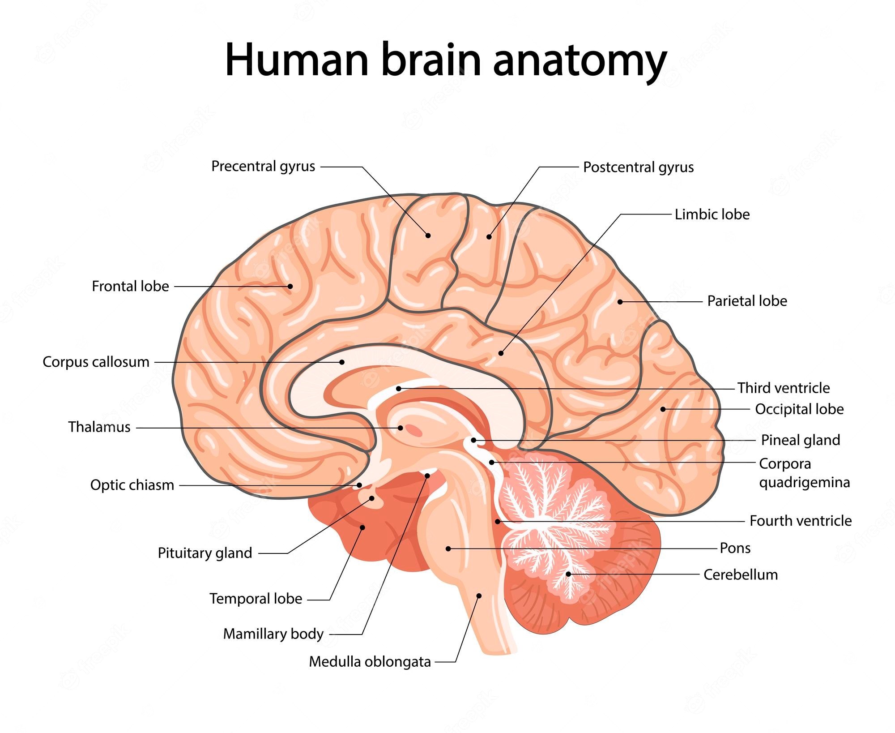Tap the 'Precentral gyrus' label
[x=263, y=167]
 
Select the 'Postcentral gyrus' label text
[x=638, y=167]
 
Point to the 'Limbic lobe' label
[x=712, y=214]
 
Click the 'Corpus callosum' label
[x=96, y=362]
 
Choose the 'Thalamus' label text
[x=99, y=427]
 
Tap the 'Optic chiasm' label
[x=132, y=485]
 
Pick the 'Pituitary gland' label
[x=205, y=553]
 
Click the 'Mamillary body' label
[x=273, y=634]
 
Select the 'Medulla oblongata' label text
[x=370, y=662]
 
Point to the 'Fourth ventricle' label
[x=801, y=521]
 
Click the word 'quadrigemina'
[x=804, y=483]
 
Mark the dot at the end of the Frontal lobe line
[x=290, y=287]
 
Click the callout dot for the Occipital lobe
[x=663, y=409]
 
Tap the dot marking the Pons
[x=448, y=549]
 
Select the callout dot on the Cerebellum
[x=568, y=574]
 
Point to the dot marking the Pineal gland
[x=473, y=440]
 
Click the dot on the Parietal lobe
[x=620, y=302]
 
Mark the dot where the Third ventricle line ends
[x=399, y=388]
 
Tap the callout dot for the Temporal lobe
[x=363, y=527]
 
